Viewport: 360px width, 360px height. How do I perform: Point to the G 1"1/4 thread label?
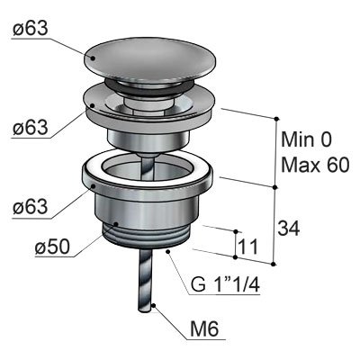coord(224,287)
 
